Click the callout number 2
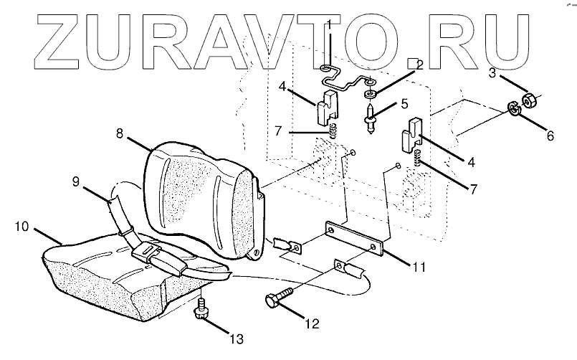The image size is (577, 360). coord(419,65)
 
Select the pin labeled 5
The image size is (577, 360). coord(370,118)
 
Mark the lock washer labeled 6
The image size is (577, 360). coord(513,109)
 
